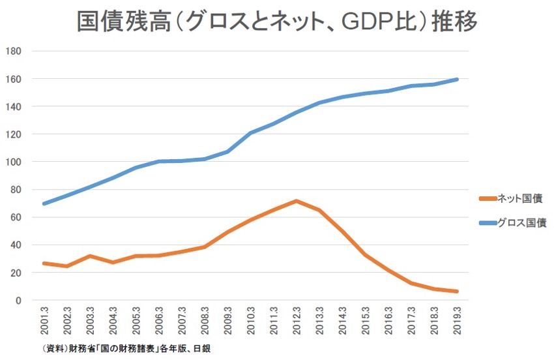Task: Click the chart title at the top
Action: click(277, 22)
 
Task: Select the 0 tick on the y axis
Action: click(20, 301)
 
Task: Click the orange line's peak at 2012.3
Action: click(297, 201)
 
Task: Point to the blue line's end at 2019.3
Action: click(458, 80)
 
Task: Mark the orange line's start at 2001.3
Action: click(44, 263)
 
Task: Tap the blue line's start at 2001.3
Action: click(44, 203)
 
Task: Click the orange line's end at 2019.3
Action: click(458, 292)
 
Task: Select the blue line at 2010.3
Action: click(251, 133)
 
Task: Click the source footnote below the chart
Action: click(124, 349)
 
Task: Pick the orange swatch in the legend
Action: click(486, 198)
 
